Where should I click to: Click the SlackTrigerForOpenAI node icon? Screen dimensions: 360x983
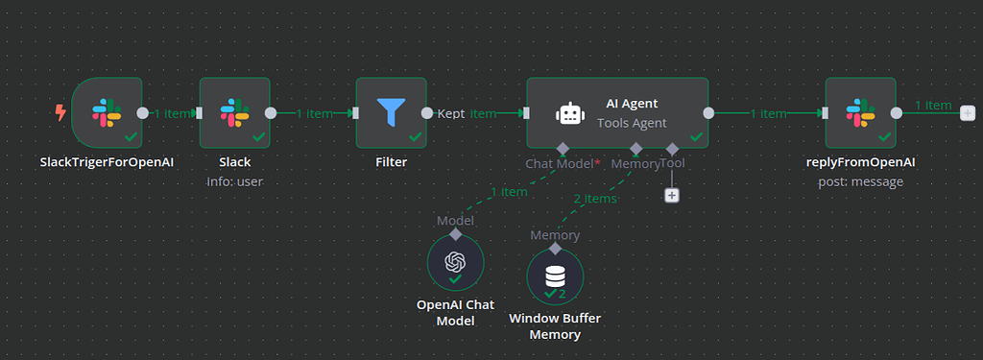coord(106,112)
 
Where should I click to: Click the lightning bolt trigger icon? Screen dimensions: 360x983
coord(60,112)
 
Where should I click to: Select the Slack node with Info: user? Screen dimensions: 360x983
coord(234,112)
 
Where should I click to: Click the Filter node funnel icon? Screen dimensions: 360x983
coord(391,112)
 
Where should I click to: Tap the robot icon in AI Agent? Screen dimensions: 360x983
coord(569,113)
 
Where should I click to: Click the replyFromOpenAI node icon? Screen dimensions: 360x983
coord(859,112)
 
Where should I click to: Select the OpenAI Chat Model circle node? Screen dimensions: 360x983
coord(455,261)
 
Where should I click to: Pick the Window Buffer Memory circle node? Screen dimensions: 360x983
coord(555,276)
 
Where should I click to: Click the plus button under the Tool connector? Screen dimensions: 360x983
coord(672,195)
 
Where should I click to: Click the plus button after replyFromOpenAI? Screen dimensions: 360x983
coord(967,113)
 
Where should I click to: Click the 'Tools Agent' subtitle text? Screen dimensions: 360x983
coord(631,123)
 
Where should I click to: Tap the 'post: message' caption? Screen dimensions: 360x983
coord(860,181)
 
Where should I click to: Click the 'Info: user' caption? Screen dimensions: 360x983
coord(234,181)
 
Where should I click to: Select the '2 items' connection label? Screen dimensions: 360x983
coord(595,199)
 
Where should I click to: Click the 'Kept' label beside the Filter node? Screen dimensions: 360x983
coord(451,113)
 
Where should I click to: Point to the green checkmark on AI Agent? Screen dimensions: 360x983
coord(696,137)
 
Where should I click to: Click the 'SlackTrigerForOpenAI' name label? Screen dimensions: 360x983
coord(107,162)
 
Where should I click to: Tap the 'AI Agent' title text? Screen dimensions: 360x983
coord(631,104)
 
